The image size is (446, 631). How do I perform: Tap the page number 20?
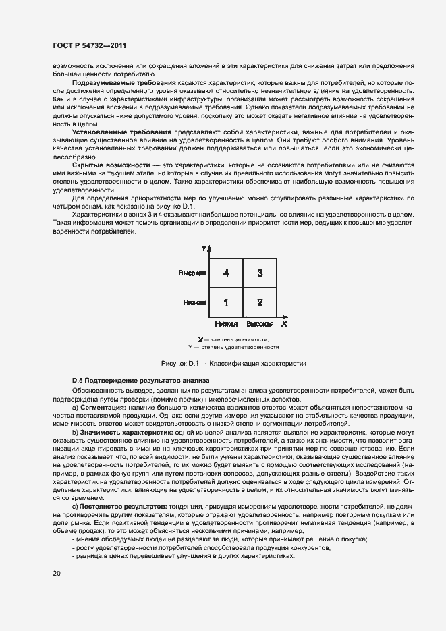(x=57, y=573)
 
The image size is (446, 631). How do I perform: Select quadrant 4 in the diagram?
(x=225, y=273)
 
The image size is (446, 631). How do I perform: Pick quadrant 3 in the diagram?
(x=259, y=273)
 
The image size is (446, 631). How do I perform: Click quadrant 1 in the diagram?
(x=225, y=302)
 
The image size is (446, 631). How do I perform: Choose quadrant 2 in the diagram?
(x=259, y=302)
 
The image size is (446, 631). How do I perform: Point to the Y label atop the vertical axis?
(x=204, y=249)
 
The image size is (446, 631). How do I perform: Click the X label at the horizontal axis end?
(x=285, y=324)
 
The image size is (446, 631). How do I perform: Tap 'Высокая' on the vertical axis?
(x=192, y=273)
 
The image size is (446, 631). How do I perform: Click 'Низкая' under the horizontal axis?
(x=226, y=325)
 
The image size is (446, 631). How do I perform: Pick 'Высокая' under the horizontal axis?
(x=260, y=325)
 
